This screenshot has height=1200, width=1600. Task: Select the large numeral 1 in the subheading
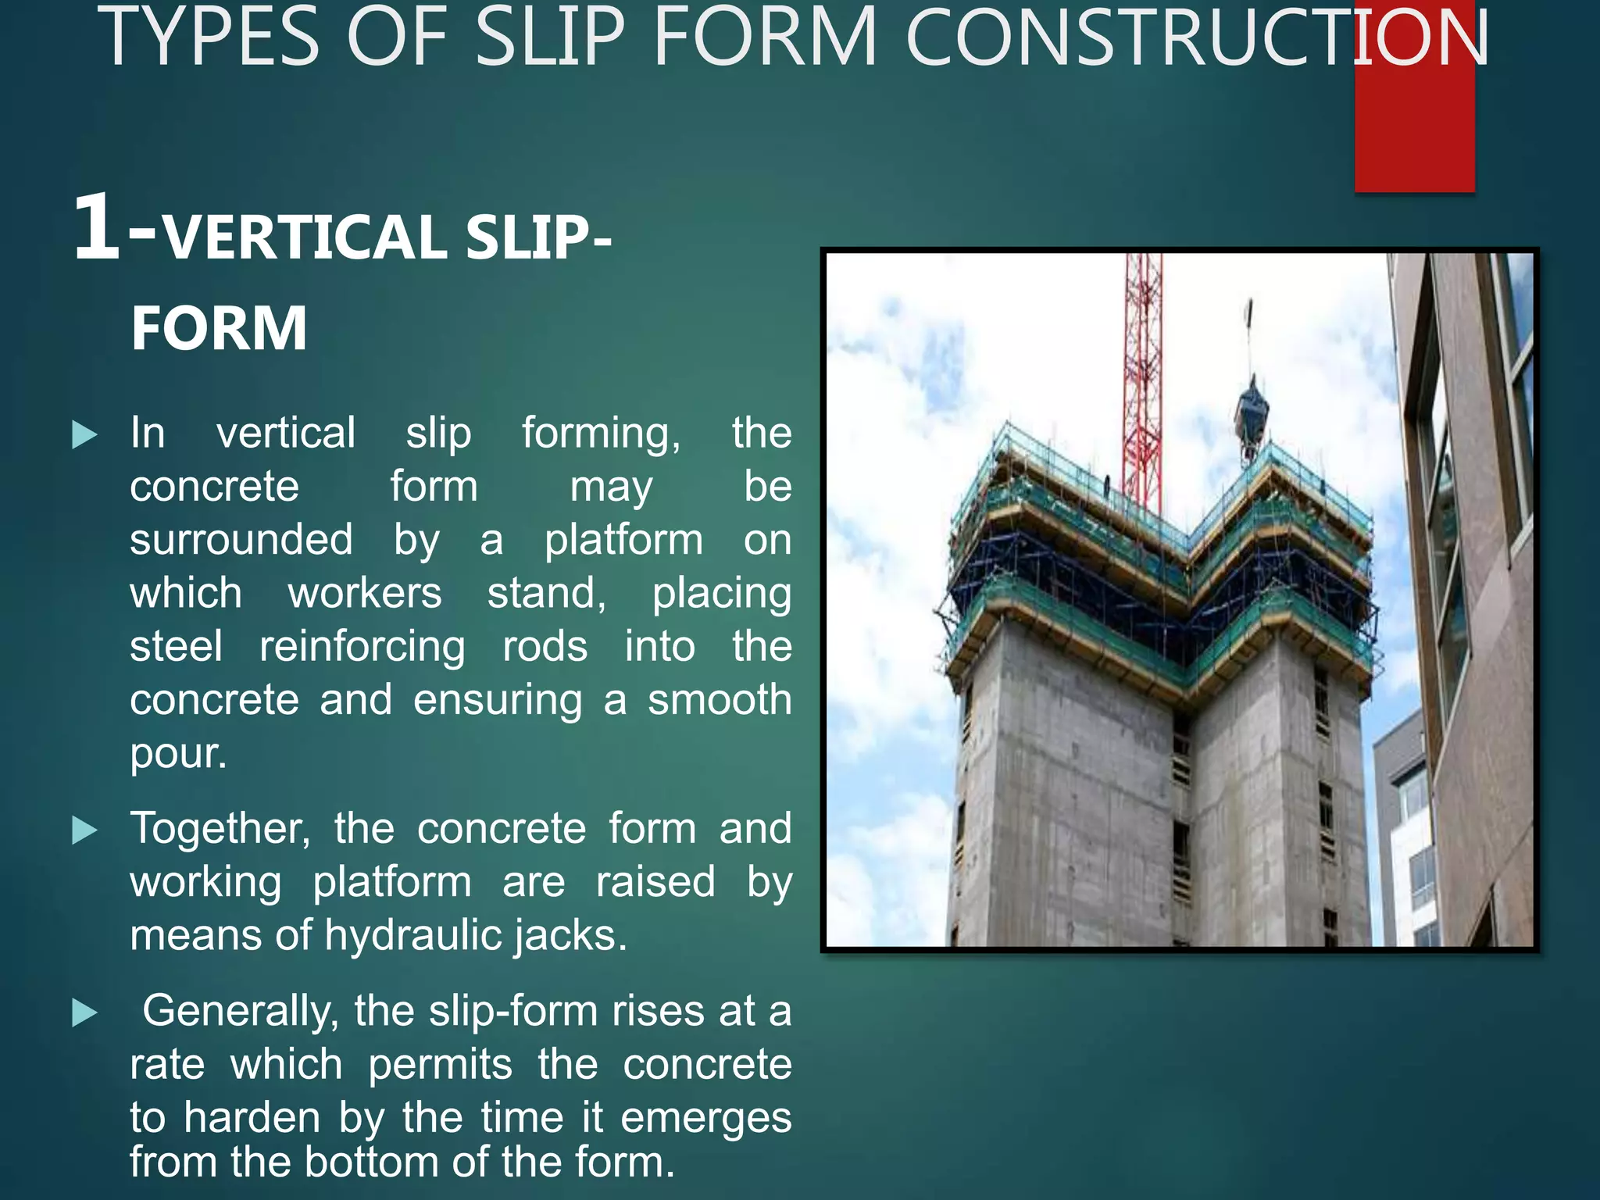(97, 228)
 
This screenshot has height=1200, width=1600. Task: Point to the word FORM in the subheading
(219, 328)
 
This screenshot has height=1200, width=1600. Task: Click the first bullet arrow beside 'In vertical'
(84, 434)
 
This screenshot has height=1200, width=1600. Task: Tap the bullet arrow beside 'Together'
(84, 830)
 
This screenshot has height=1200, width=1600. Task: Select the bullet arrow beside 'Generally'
(84, 1013)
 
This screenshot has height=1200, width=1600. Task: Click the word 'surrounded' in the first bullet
(241, 540)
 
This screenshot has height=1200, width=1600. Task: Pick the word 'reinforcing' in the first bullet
(362, 647)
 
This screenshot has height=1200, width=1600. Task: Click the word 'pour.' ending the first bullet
(178, 754)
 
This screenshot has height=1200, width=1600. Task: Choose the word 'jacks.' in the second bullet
(571, 935)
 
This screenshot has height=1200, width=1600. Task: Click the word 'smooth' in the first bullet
(720, 700)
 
